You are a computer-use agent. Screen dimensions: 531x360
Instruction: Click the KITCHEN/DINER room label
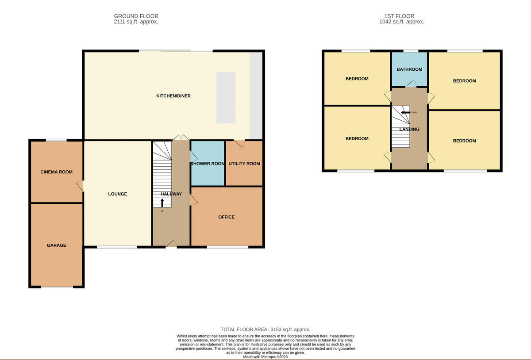click(x=173, y=96)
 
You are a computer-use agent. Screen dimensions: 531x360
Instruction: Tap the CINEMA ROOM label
click(x=57, y=172)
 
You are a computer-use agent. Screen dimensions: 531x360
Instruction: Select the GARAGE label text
click(x=57, y=245)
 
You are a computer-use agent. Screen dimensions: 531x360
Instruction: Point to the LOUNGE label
click(x=118, y=194)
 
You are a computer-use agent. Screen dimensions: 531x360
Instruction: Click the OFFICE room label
click(x=227, y=217)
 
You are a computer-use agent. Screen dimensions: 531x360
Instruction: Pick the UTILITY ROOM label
click(x=244, y=164)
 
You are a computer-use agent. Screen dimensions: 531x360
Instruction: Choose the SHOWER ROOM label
click(x=208, y=164)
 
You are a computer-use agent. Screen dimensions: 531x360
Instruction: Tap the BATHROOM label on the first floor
click(x=409, y=69)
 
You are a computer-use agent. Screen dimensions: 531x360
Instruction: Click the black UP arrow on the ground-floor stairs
click(x=162, y=203)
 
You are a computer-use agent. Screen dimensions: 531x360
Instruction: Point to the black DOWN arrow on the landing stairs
click(x=405, y=112)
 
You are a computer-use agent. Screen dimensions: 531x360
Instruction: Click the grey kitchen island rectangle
click(x=226, y=98)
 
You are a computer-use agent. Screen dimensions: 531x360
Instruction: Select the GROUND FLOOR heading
click(x=136, y=16)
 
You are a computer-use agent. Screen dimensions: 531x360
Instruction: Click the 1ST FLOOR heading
click(x=399, y=16)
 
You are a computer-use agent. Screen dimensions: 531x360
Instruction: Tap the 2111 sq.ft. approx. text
click(x=136, y=22)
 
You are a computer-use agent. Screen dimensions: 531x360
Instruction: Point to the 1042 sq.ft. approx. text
click(x=402, y=22)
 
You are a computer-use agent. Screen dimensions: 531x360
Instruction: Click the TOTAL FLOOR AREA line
click(x=265, y=329)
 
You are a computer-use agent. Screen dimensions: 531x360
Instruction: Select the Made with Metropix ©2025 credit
click(x=265, y=356)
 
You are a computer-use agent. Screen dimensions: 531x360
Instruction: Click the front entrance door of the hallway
click(x=171, y=244)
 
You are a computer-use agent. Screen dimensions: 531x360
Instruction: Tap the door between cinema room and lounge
click(x=80, y=186)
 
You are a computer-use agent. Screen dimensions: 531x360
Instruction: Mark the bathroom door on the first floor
click(x=411, y=84)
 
